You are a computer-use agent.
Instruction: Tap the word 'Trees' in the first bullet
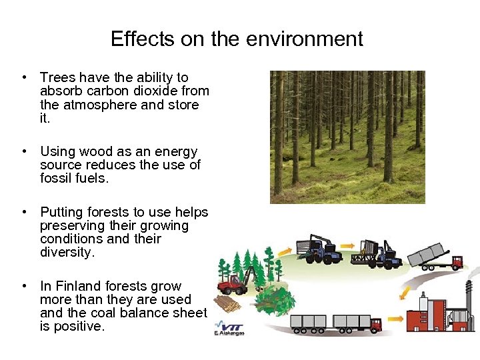58,78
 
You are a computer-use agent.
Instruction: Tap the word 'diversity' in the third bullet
67,253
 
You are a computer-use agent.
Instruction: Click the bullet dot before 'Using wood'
24,152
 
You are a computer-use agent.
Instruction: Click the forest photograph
347,137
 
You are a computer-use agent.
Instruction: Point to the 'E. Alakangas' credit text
229,332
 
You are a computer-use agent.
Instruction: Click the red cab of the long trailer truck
375,324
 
